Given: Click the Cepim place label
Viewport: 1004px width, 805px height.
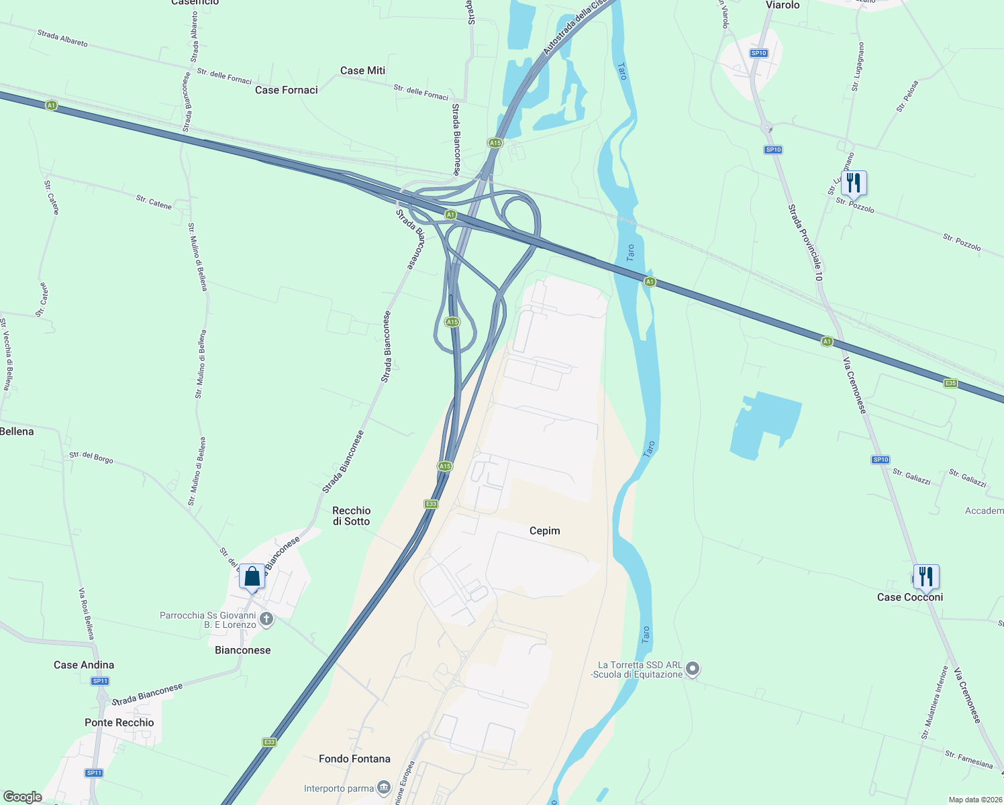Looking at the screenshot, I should [x=544, y=531].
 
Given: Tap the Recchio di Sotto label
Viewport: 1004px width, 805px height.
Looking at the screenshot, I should [x=352, y=516].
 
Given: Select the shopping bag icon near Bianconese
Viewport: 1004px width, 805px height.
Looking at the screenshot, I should [x=252, y=577].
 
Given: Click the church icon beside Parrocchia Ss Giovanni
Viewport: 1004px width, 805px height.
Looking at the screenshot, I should [x=266, y=619].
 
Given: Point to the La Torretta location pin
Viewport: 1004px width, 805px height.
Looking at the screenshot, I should [x=693, y=669].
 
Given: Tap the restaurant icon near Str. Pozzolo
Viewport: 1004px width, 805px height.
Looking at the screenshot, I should [x=853, y=183].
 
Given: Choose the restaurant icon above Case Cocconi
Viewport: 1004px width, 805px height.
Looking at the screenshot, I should [x=925, y=576].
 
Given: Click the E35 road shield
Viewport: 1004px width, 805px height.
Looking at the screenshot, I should [x=950, y=383].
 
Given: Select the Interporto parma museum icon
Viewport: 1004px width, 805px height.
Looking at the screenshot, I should [x=383, y=787].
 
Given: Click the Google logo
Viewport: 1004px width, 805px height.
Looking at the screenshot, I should [x=23, y=796].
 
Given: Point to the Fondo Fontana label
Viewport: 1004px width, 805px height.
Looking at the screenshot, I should [x=354, y=759].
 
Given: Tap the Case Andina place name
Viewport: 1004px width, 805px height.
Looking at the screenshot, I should [x=84, y=665].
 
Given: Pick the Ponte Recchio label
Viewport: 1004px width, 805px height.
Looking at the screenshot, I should [x=119, y=722].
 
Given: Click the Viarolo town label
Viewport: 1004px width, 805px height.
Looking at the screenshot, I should [x=783, y=5].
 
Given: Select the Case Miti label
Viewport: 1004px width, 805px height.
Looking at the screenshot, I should [x=362, y=70].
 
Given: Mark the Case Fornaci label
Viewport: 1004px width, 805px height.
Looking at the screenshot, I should [x=287, y=90].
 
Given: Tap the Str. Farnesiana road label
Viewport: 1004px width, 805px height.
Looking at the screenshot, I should [x=968, y=759].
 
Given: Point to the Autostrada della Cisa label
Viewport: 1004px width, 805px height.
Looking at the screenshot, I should [x=574, y=27].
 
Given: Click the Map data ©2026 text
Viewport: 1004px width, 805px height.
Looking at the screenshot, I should [x=973, y=800].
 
